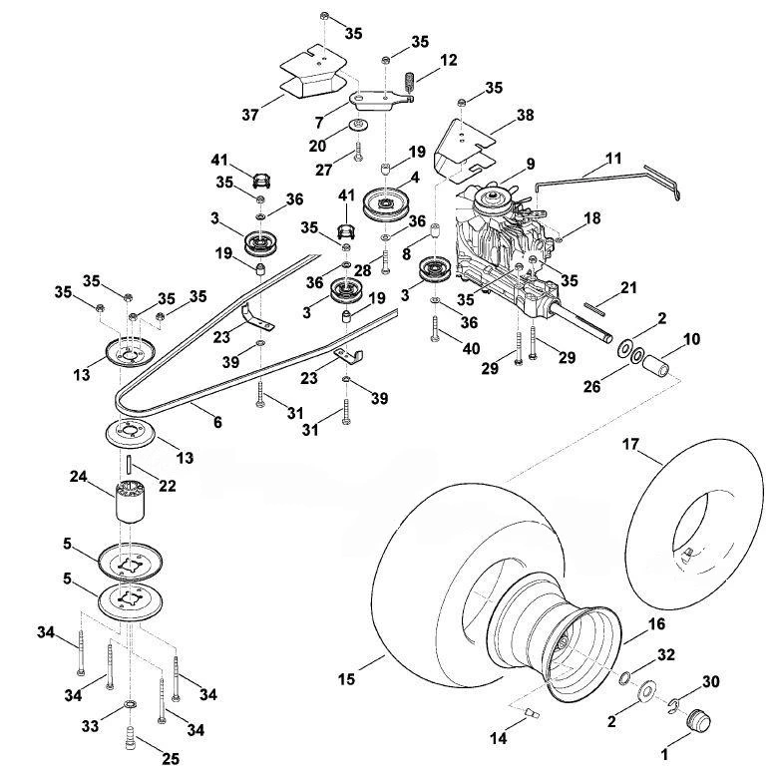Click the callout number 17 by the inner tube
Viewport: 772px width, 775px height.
coord(630,444)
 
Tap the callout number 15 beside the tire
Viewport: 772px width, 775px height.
coord(346,679)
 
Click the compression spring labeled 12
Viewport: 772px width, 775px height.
coord(409,82)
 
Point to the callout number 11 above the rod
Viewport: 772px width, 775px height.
coord(612,159)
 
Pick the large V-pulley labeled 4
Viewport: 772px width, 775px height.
coord(386,203)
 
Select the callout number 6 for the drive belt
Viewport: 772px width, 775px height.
coord(217,422)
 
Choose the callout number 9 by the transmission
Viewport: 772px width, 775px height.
coord(530,164)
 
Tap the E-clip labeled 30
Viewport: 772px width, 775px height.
coord(673,703)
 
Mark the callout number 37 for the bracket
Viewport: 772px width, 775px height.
coord(250,115)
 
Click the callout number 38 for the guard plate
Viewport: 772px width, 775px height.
coord(526,115)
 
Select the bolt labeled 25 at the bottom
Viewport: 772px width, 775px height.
coord(131,738)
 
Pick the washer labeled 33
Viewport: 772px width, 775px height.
coord(131,704)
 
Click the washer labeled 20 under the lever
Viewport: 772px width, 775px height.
coord(356,125)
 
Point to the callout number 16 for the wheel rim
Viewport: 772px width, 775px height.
coord(656,623)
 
